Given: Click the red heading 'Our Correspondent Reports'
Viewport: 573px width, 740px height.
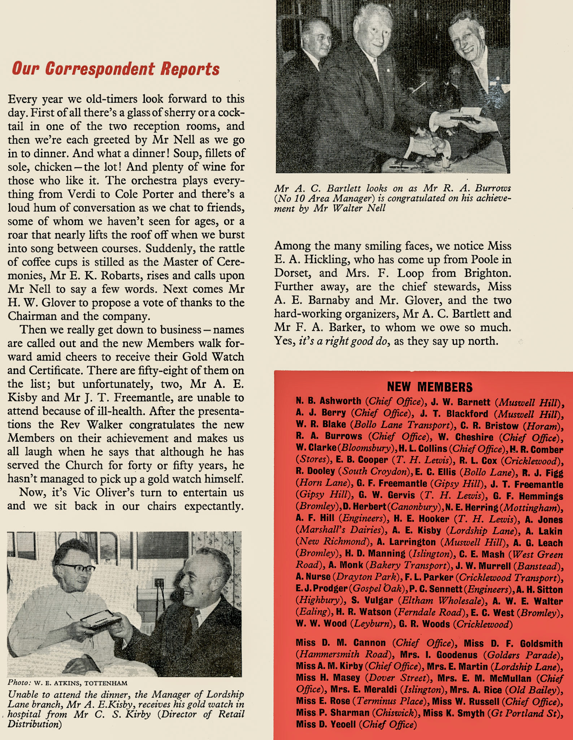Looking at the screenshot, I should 116,69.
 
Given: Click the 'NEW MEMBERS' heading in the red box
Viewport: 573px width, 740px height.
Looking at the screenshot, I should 430,387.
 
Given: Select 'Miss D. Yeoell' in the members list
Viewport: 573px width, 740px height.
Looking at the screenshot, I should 326,725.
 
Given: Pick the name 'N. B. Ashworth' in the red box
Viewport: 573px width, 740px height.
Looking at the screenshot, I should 328,401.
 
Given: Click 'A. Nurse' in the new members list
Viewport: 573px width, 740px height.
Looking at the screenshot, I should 313,577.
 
